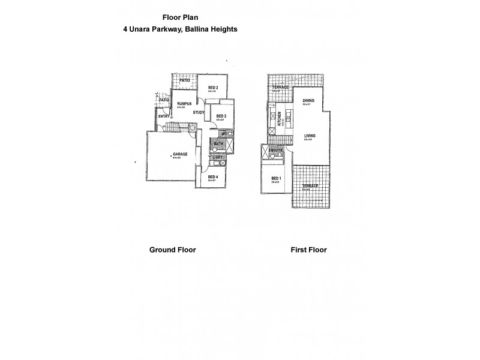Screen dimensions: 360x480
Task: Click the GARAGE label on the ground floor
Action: [180, 154]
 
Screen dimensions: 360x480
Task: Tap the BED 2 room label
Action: [213, 88]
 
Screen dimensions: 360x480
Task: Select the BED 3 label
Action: [221, 116]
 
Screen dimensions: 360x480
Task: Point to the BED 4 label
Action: [212, 176]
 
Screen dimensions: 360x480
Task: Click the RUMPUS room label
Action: [184, 104]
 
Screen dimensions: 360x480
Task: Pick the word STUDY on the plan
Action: [199, 112]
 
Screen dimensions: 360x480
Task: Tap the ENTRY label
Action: [164, 116]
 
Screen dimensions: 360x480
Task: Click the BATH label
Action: [219, 144]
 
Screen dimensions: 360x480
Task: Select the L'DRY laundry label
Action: [218, 157]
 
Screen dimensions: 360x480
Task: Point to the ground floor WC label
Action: [223, 134]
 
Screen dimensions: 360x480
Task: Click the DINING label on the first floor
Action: [308, 100]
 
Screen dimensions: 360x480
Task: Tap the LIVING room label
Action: [310, 136]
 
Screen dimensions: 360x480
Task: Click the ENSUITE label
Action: [275, 150]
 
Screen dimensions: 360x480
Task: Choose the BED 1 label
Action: [276, 178]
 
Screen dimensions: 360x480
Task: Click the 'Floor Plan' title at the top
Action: [181, 17]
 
